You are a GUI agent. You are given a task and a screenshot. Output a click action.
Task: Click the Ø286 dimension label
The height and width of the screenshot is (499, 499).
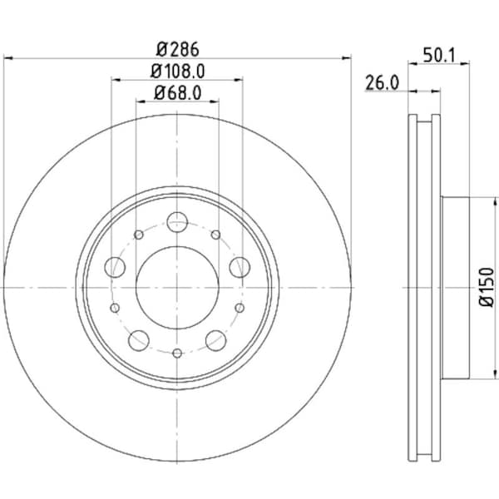click(x=177, y=48)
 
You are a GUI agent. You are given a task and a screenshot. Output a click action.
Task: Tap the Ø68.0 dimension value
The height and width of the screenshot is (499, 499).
click(x=177, y=93)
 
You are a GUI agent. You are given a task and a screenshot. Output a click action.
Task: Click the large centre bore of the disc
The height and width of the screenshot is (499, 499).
click(x=177, y=287)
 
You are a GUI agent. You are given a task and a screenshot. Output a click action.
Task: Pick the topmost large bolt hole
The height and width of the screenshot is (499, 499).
click(x=177, y=222)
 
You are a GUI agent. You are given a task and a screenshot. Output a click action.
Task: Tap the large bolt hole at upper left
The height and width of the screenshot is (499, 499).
click(x=116, y=267)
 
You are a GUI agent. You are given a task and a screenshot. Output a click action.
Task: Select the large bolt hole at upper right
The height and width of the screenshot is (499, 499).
click(x=240, y=267)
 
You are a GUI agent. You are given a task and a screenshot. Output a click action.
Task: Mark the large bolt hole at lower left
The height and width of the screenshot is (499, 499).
click(x=139, y=339)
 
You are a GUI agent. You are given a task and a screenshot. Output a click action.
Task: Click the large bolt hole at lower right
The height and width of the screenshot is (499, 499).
click(x=216, y=339)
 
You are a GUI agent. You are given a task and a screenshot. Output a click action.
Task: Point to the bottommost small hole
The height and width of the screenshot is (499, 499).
click(x=177, y=353)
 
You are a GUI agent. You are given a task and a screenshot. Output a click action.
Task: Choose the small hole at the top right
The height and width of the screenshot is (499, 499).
click(x=216, y=235)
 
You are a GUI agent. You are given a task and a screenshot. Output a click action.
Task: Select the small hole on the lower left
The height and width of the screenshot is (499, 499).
click(x=115, y=308)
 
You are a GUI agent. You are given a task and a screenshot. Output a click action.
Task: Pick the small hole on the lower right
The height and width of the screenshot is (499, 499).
click(x=240, y=308)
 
